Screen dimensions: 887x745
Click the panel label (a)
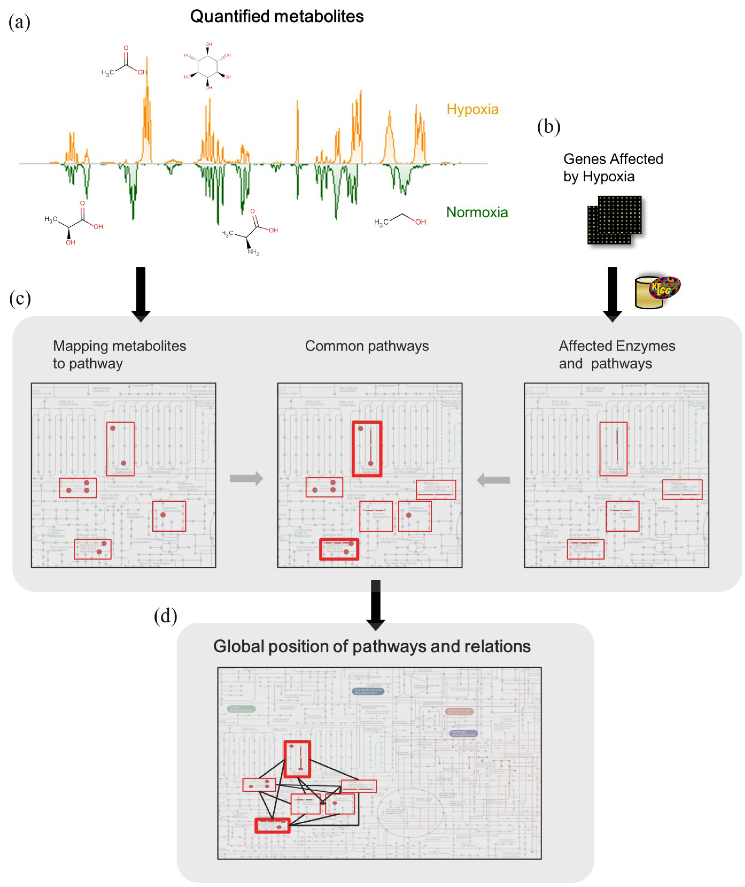coord(19,22)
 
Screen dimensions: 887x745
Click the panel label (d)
coord(165,616)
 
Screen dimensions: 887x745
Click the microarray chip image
coord(614,220)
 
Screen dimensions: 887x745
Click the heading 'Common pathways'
coord(367,346)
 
